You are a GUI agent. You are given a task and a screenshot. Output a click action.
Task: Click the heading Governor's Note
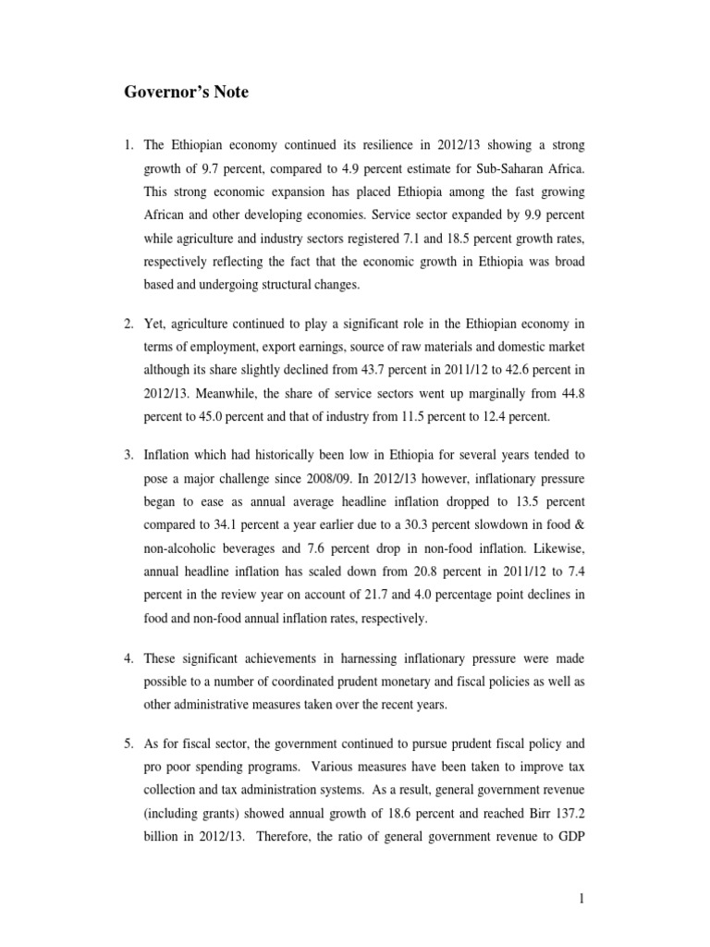point(186,92)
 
